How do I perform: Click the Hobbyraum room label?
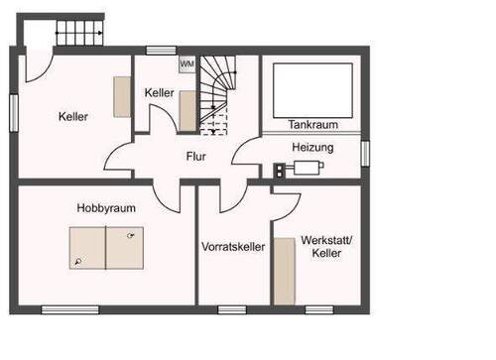(x=106, y=208)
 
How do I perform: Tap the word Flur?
(x=195, y=156)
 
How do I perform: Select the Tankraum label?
(x=313, y=126)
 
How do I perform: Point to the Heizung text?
(x=312, y=147)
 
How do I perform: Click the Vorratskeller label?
(x=233, y=246)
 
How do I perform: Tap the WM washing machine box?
(x=186, y=63)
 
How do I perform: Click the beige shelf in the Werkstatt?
(x=285, y=271)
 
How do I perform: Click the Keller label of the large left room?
(x=73, y=116)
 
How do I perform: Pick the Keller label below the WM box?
(x=159, y=92)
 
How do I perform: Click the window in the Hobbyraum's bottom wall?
(x=70, y=309)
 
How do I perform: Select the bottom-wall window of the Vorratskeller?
(x=232, y=309)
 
